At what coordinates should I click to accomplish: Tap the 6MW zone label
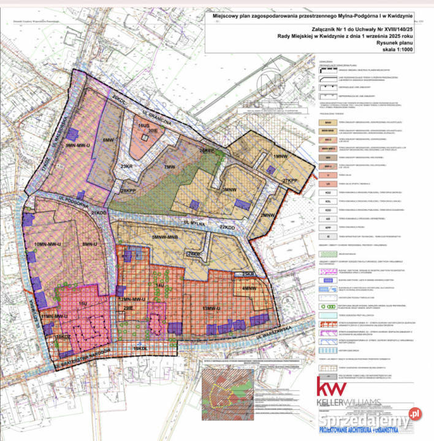pos(110,140)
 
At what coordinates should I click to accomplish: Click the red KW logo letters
pos(332,387)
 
